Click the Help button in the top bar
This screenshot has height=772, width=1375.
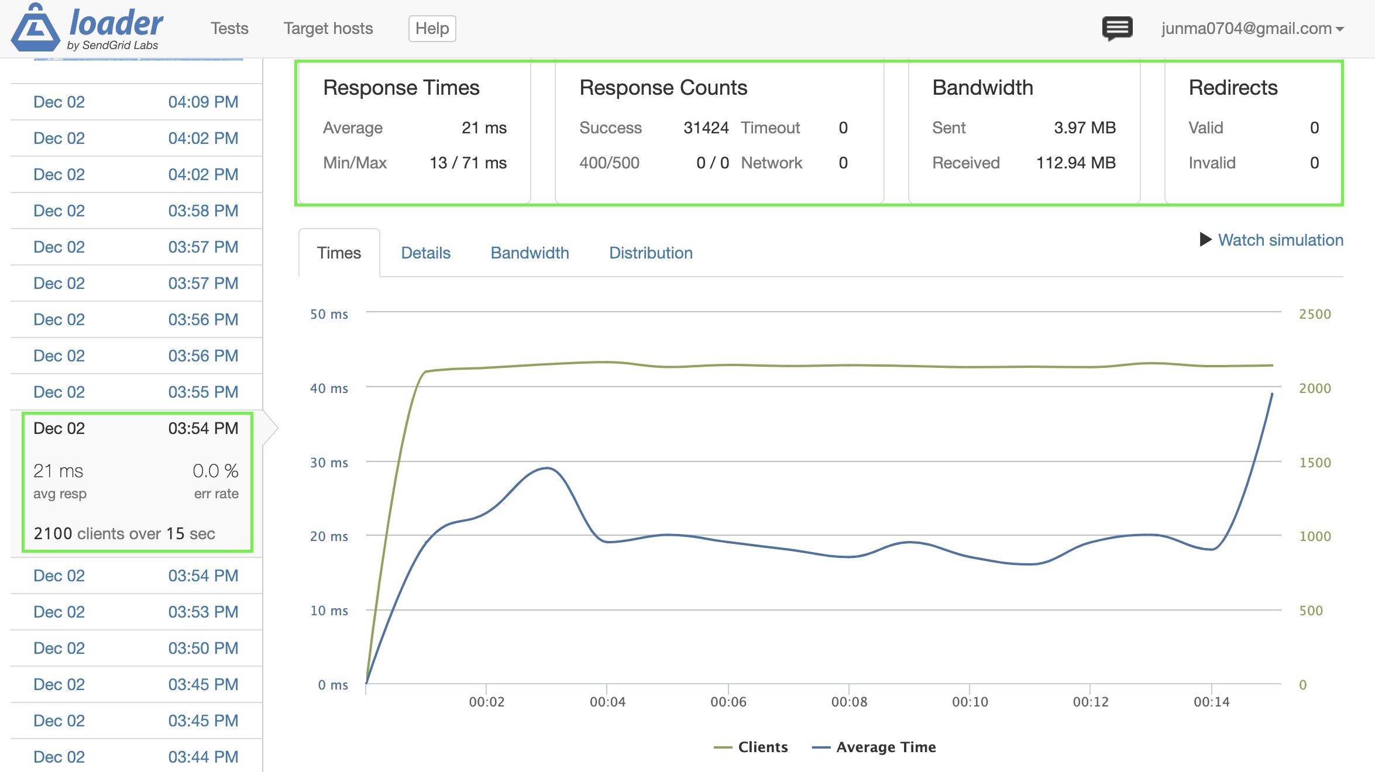432,29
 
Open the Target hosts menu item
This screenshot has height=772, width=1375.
328,29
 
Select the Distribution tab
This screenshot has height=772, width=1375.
651,253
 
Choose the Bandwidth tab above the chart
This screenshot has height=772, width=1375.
530,253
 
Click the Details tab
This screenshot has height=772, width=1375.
425,253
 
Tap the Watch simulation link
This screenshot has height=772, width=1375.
1280,240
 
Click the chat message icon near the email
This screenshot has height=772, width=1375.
1117,28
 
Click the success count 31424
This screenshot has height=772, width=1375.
706,127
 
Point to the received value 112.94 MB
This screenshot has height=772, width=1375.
1075,163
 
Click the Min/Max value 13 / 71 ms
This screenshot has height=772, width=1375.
467,163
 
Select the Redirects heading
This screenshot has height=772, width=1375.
1233,88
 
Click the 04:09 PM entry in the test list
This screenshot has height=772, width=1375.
202,102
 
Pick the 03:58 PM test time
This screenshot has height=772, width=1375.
202,211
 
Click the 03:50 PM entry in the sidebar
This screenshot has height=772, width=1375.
202,648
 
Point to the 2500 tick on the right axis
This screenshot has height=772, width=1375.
1314,314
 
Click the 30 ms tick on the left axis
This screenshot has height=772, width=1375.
329,463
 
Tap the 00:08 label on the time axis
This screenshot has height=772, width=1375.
849,702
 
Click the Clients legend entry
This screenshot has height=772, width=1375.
762,747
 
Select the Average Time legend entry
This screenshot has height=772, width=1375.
885,747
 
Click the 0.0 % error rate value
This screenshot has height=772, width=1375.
215,471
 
